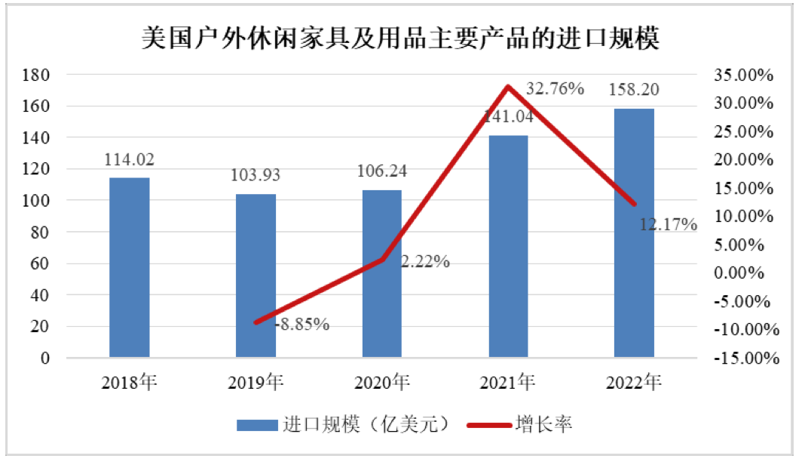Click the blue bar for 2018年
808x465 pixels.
(x=129, y=267)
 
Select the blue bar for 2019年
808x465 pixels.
(x=256, y=276)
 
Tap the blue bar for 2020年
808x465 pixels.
(x=382, y=273)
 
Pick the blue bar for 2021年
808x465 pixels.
(x=509, y=246)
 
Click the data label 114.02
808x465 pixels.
(x=129, y=161)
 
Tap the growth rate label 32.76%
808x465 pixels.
(x=555, y=88)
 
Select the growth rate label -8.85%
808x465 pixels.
(x=301, y=325)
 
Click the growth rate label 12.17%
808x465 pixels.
(x=668, y=224)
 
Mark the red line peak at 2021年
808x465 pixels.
(x=509, y=87)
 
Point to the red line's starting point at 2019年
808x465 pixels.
(x=256, y=322)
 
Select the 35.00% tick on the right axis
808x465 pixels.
(x=745, y=75)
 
